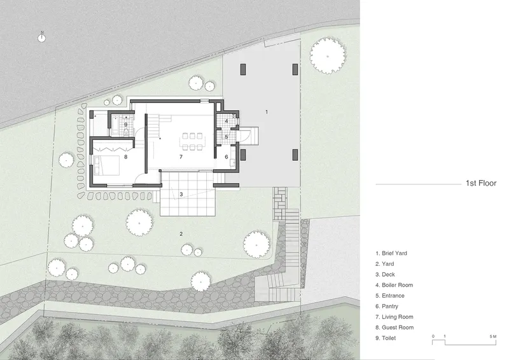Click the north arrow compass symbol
[41, 38]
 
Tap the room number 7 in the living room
[181, 157]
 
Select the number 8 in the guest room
[125, 157]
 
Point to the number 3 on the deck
[181, 194]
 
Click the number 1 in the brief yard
[267, 112]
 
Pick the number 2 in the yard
[181, 233]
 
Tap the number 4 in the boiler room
[227, 121]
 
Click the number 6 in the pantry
[227, 157]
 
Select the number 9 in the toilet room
[125, 125]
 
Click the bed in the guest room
[106, 165]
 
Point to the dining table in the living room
[192, 141]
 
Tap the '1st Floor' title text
[481, 183]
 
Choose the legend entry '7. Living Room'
[394, 317]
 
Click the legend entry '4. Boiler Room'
[394, 285]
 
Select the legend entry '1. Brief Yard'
[391, 253]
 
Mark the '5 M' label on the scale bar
[492, 336]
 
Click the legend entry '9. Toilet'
[386, 338]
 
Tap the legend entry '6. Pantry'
[387, 306]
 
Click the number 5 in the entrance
[227, 137]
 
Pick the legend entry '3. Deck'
[385, 274]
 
